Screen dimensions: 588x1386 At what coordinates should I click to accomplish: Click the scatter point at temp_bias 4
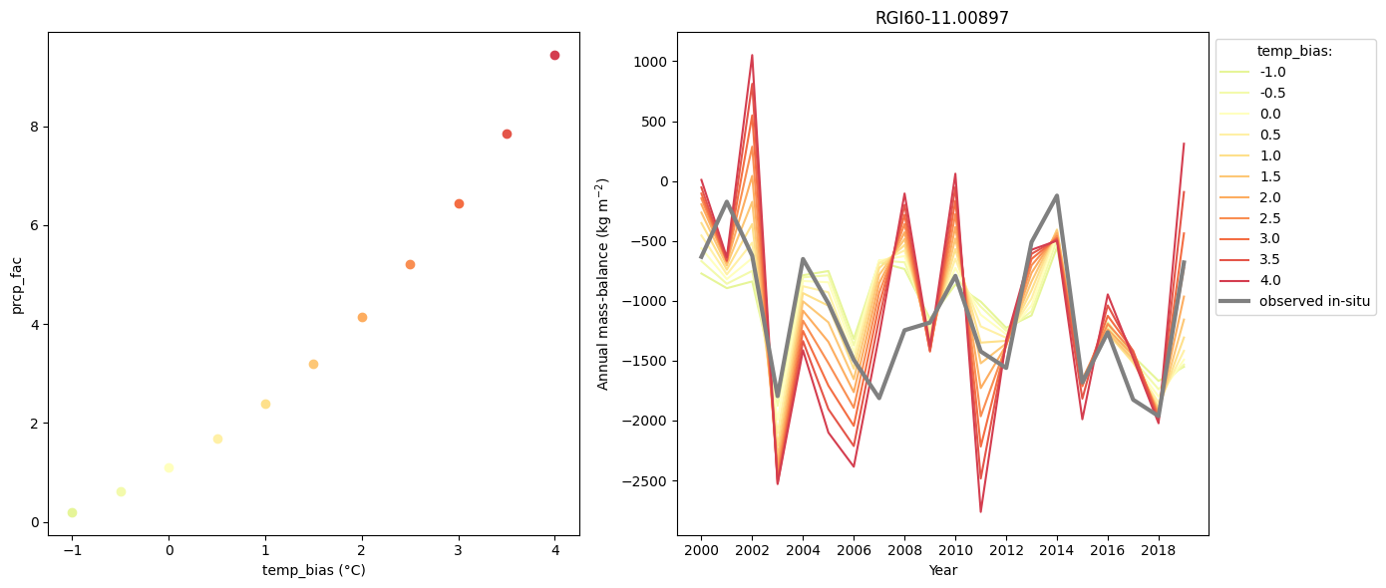pyautogui.click(x=554, y=55)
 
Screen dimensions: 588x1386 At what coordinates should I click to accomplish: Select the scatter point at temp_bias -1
pyautogui.click(x=72, y=512)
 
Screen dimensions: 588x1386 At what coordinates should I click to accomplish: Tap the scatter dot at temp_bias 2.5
pyautogui.click(x=410, y=264)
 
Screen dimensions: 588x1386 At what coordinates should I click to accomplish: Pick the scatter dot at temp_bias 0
pyautogui.click(x=169, y=467)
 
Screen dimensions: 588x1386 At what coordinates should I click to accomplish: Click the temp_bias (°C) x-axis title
pyautogui.click(x=313, y=570)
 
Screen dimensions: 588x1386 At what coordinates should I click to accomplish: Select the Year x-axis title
pyautogui.click(x=942, y=570)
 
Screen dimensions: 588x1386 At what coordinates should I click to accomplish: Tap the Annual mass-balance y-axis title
pyautogui.click(x=602, y=284)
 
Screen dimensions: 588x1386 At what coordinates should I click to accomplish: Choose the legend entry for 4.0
pyautogui.click(x=1271, y=280)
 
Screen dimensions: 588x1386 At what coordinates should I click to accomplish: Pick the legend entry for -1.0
pyautogui.click(x=1271, y=72)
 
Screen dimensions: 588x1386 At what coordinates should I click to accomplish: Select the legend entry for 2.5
pyautogui.click(x=1271, y=218)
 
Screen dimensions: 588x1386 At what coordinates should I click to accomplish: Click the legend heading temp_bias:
pyautogui.click(x=1294, y=51)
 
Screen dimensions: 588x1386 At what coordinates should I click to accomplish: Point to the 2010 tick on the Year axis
pyautogui.click(x=955, y=549)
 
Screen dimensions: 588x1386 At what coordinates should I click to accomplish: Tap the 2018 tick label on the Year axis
pyautogui.click(x=1159, y=549)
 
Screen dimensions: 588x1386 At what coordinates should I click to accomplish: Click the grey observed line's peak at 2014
pyautogui.click(x=1057, y=196)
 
